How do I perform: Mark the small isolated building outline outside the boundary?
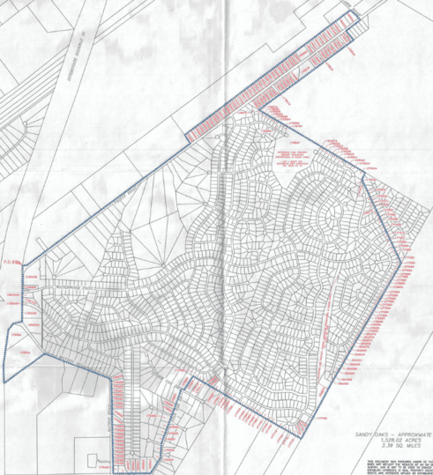(94, 460)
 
